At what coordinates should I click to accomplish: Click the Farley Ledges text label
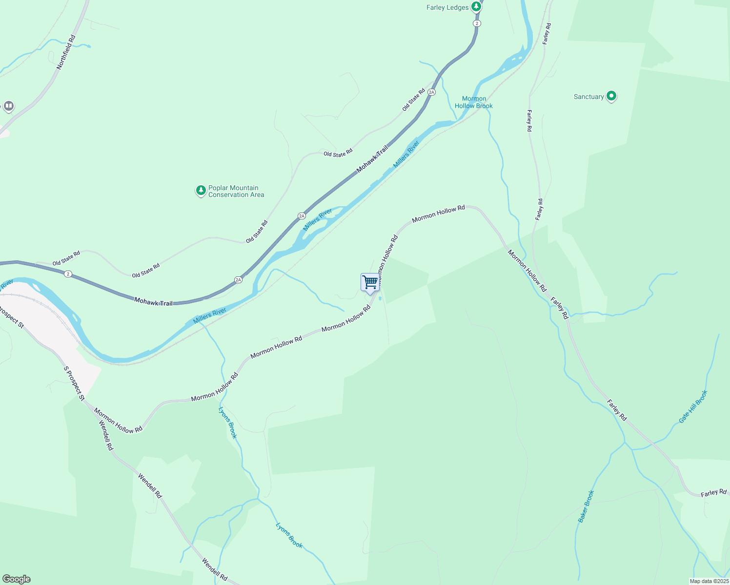447,7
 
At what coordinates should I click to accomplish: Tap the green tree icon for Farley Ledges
476,7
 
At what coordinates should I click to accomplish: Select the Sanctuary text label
588,97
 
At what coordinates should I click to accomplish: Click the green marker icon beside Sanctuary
611,96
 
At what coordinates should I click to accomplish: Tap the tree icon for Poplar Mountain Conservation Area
201,191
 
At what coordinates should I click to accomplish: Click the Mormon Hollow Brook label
473,102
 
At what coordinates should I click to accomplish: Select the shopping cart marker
370,282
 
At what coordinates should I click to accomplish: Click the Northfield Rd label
66,52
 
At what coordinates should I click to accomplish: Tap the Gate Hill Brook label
693,407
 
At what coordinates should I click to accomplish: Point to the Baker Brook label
586,506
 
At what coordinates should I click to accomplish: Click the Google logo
16,579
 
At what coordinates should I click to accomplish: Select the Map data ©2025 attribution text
709,581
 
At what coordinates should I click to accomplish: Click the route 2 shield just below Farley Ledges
477,23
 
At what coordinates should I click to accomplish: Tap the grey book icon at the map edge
8,106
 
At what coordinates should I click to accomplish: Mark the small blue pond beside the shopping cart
380,298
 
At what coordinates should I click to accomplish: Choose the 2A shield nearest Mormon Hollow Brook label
431,92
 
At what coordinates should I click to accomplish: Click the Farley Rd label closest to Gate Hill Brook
617,410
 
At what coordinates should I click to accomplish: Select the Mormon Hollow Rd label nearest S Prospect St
118,420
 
